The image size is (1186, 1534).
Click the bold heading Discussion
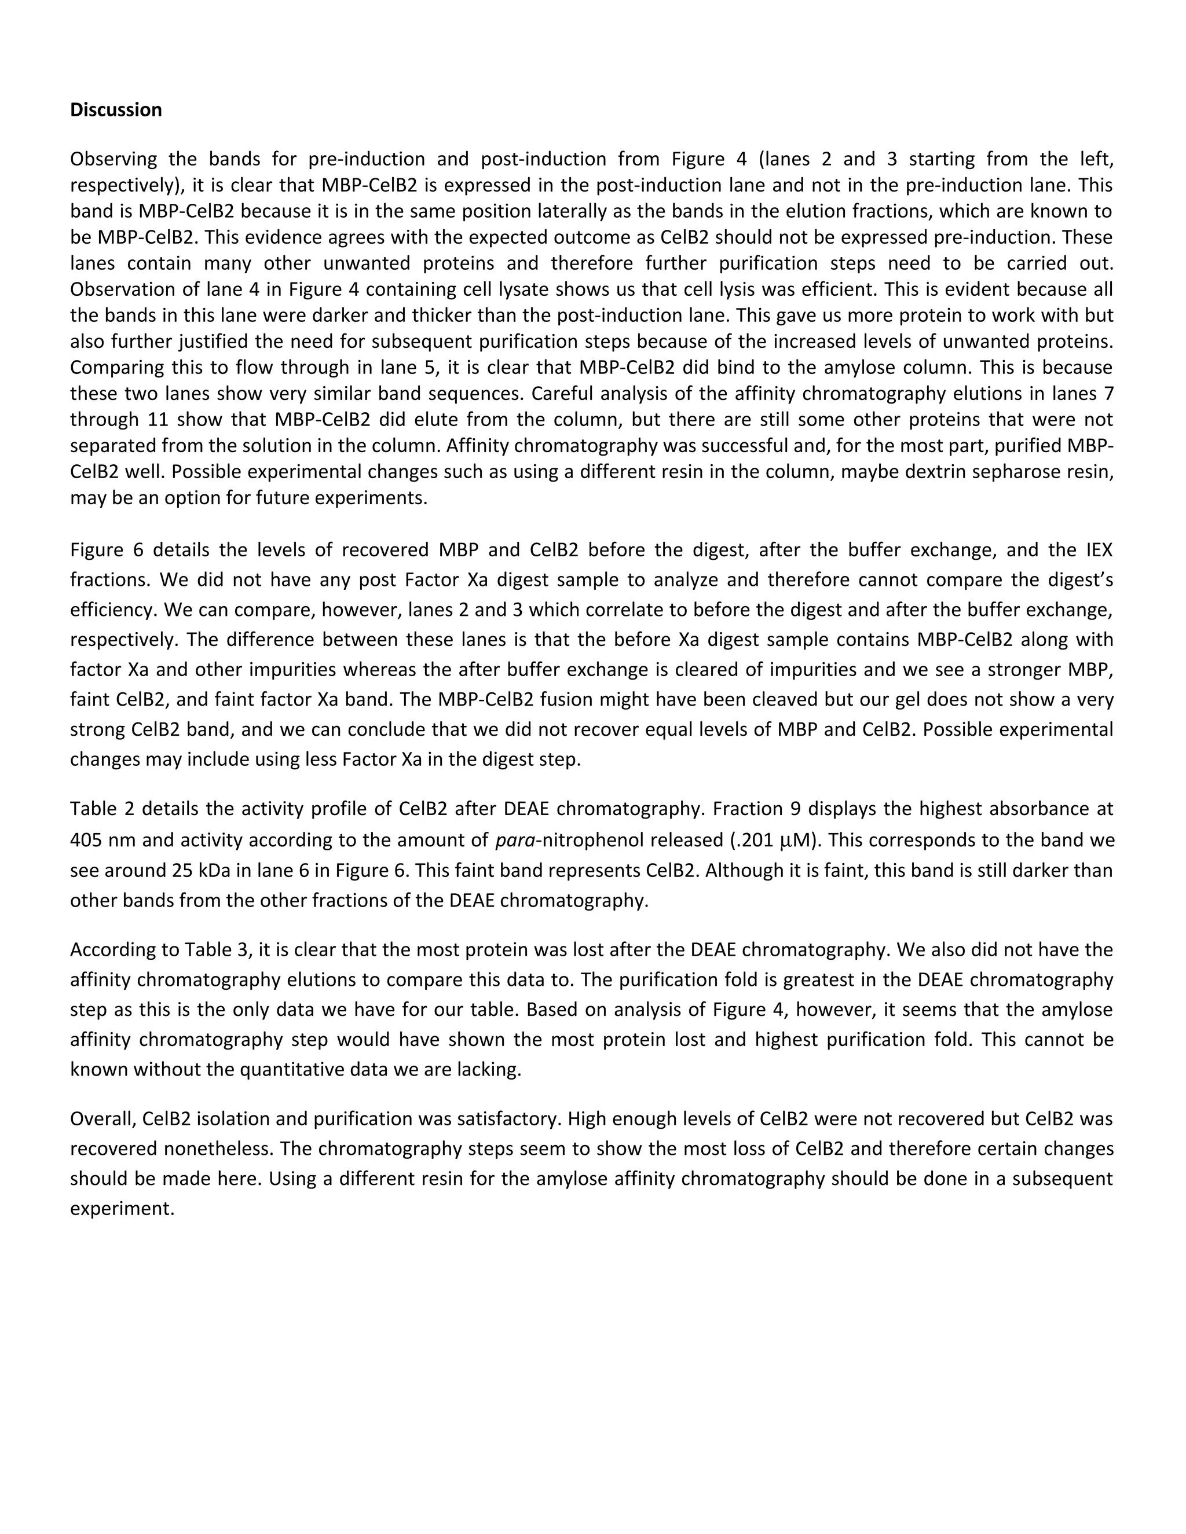116,109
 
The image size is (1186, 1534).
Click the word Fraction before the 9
745,809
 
